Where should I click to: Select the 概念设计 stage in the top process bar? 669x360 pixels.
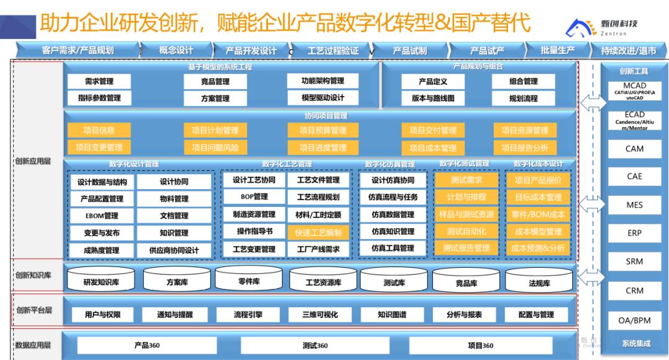(176, 50)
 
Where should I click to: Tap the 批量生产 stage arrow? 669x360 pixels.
(557, 50)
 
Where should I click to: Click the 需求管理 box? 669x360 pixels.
(99, 81)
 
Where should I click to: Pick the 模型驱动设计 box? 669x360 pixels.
(323, 98)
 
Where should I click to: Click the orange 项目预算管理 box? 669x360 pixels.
(323, 131)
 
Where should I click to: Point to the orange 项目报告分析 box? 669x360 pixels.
(525, 148)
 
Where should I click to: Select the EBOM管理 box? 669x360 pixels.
(102, 216)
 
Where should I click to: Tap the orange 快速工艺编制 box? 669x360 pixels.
(318, 232)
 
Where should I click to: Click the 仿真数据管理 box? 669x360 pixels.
(393, 214)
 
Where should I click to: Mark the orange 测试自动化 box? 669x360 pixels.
(466, 231)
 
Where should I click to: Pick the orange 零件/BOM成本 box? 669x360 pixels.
(538, 214)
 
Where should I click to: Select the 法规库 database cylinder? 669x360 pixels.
(539, 283)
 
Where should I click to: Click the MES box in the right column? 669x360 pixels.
(634, 205)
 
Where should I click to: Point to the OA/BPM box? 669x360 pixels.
(634, 320)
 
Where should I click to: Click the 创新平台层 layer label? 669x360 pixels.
(34, 310)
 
